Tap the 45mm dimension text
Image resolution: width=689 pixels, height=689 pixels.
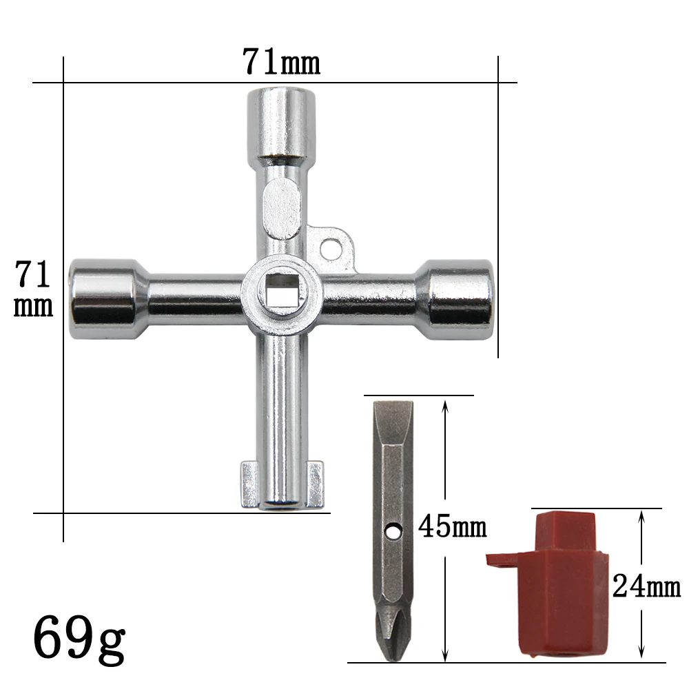coord(451,528)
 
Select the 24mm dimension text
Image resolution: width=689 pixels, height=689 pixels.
coord(646,587)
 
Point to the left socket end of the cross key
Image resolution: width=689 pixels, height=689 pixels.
coord(103,298)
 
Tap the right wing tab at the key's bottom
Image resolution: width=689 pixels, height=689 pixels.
coord(314,484)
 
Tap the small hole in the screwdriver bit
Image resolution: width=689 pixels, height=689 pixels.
coord(393,531)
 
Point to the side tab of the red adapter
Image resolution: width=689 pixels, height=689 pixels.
coord(502,558)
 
